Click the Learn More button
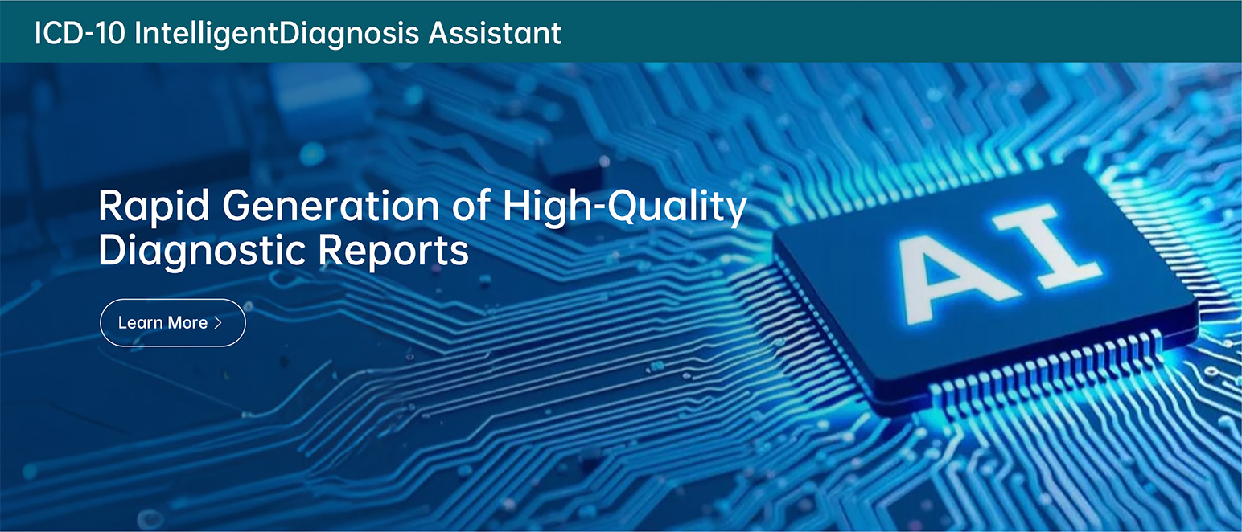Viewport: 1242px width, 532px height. [172, 322]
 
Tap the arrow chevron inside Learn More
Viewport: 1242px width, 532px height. [218, 322]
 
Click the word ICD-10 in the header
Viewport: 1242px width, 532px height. [80, 33]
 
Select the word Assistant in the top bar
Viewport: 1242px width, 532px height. [495, 33]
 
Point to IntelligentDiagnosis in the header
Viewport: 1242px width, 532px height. [277, 34]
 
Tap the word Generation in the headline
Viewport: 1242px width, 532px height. [331, 206]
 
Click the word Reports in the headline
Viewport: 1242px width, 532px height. [393, 251]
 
